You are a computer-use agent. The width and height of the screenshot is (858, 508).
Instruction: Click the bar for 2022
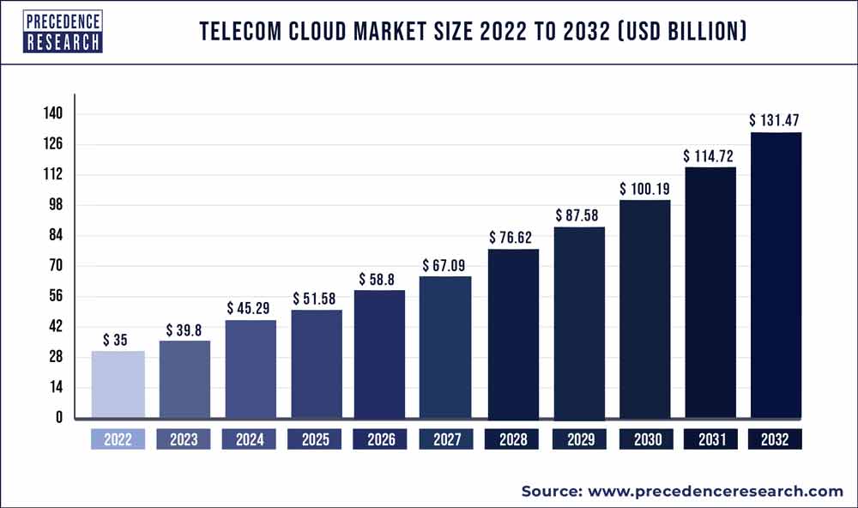click(118, 385)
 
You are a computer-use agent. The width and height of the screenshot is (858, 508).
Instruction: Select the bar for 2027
click(446, 348)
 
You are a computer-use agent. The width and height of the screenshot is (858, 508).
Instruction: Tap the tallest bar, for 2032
click(776, 275)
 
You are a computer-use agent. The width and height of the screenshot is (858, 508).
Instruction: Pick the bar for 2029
click(579, 323)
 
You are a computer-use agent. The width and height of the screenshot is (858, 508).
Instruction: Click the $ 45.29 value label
click(251, 306)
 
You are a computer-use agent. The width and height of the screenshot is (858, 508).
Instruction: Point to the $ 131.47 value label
click(776, 119)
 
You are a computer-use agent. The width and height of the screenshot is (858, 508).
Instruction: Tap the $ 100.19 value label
click(645, 187)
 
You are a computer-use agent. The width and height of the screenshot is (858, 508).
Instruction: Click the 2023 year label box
click(184, 439)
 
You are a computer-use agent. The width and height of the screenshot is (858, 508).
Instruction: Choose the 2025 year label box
click(316, 439)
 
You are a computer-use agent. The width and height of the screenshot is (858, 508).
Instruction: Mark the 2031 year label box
click(710, 439)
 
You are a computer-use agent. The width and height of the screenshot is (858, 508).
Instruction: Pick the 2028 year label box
click(513, 439)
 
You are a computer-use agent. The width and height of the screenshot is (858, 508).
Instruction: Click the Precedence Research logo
click(63, 32)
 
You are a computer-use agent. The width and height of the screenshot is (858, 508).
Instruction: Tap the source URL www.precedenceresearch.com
click(714, 491)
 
